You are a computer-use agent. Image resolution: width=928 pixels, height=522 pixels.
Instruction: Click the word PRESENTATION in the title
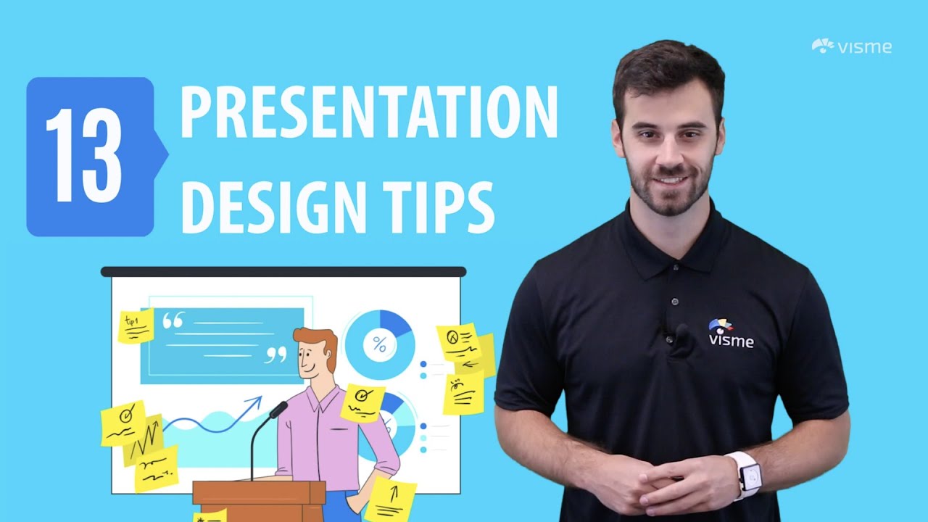368,113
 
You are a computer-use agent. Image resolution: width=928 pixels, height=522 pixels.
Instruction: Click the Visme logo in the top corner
851,47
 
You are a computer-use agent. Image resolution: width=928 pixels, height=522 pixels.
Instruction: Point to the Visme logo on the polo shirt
730,333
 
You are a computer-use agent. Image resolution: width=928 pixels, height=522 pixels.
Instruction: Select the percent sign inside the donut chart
379,344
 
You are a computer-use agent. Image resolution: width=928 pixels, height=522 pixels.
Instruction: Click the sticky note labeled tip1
136,326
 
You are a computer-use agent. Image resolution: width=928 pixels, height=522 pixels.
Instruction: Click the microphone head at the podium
278,410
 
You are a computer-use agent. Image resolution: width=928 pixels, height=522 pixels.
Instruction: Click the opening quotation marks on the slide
173,320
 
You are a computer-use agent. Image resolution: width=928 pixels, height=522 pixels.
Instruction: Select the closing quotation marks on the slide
276,355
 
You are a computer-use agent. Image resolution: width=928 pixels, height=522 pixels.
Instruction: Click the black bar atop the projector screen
283,272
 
